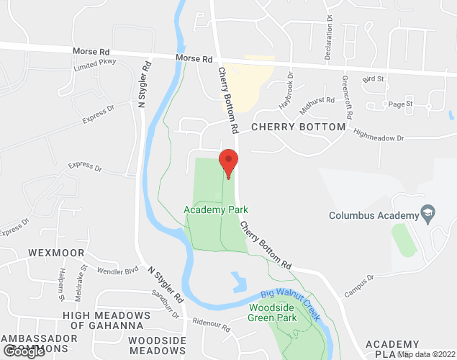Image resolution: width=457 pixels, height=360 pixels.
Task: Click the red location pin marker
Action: (228, 162)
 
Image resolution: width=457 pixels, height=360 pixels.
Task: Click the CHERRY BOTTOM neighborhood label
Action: (298, 127)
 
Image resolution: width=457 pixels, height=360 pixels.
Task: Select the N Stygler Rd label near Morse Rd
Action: (145, 83)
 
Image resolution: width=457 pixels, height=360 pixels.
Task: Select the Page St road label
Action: (400, 104)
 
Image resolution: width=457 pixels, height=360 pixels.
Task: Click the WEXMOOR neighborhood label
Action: (57, 253)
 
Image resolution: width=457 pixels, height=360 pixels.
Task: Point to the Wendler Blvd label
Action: (122, 271)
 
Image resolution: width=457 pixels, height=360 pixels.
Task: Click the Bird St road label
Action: (374, 78)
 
